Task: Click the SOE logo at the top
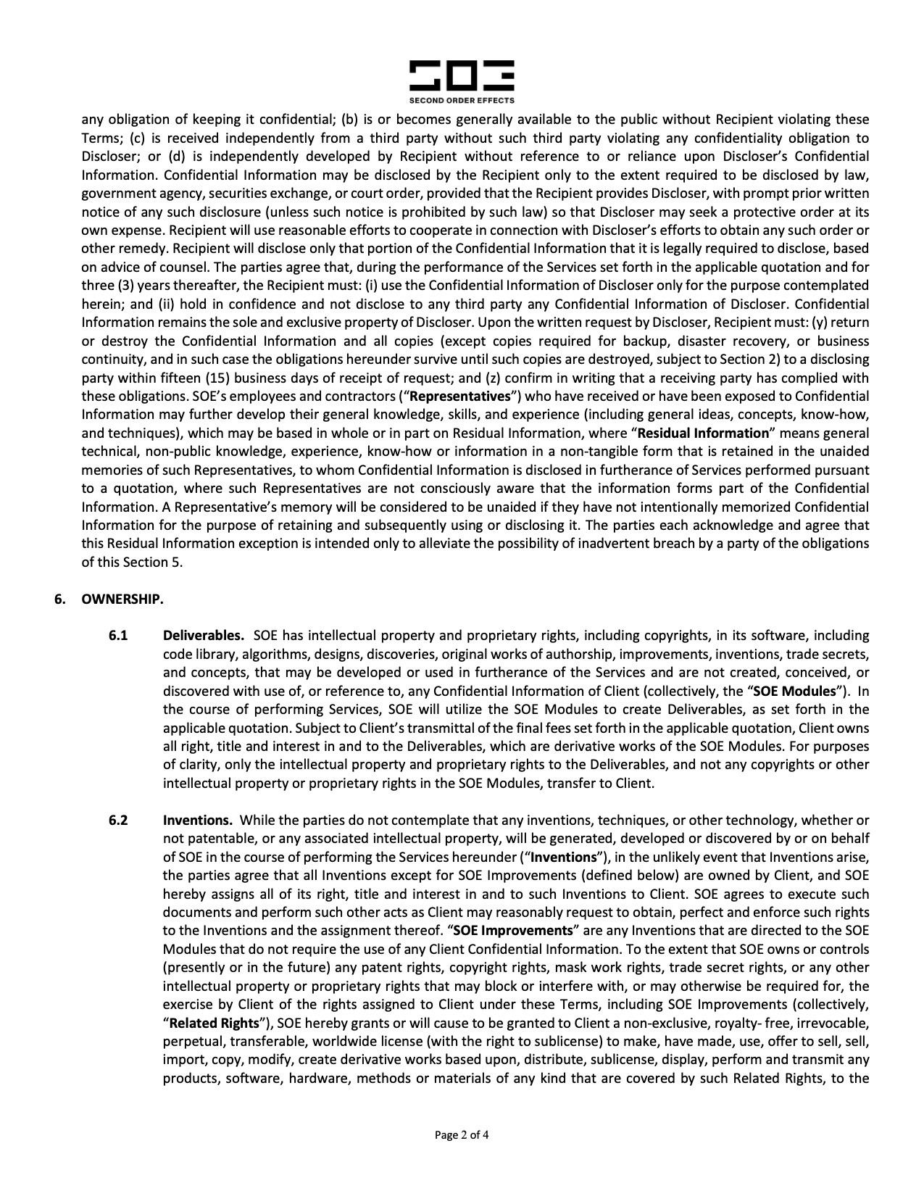(x=462, y=75)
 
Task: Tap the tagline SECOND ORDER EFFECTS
(x=462, y=100)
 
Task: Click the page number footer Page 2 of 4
(x=462, y=1135)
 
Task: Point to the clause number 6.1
(x=118, y=636)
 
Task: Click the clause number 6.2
(x=118, y=820)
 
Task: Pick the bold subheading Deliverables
(x=204, y=636)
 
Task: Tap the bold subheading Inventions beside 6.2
(x=198, y=820)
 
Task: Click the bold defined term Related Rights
(x=214, y=1023)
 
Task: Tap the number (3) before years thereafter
(x=115, y=286)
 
